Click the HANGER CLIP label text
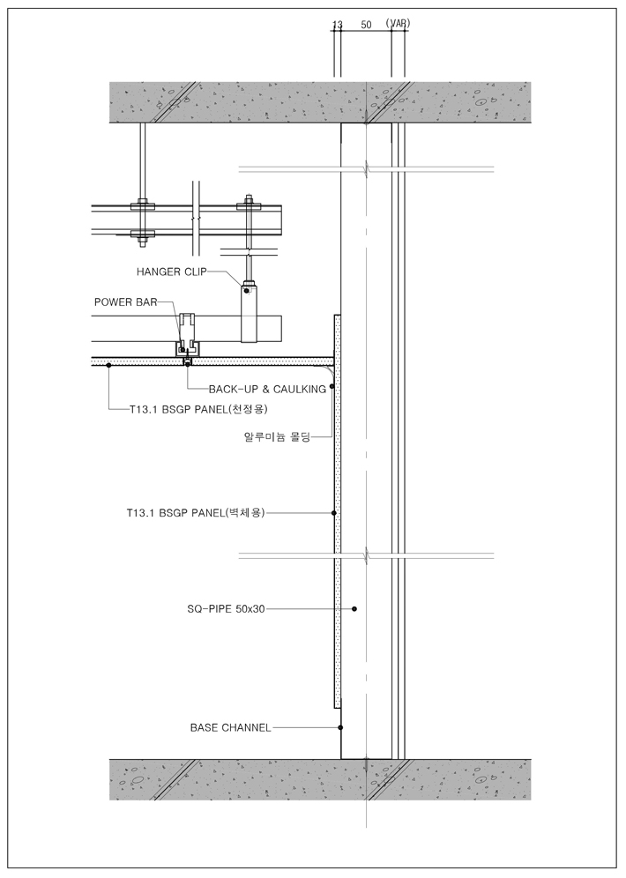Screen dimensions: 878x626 (x=171, y=272)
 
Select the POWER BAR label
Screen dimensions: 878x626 (x=125, y=301)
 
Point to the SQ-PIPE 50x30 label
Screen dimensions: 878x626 (x=226, y=608)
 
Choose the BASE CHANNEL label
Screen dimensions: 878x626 (x=230, y=728)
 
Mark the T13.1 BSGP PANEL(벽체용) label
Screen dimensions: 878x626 (x=196, y=512)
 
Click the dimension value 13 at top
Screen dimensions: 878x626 (x=336, y=26)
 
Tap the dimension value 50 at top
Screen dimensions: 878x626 (x=366, y=26)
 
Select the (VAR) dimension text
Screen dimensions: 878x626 (x=398, y=25)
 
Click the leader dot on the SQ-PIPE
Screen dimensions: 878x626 (x=354, y=608)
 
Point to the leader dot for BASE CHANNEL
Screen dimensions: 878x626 (x=340, y=728)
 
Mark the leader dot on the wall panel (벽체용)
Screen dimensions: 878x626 (x=334, y=512)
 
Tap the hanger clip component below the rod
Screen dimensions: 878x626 (x=250, y=314)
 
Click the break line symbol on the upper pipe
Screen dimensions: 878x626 (x=366, y=167)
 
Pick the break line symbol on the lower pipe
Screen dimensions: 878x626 (x=366, y=555)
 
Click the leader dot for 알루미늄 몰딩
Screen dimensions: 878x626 (x=332, y=387)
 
